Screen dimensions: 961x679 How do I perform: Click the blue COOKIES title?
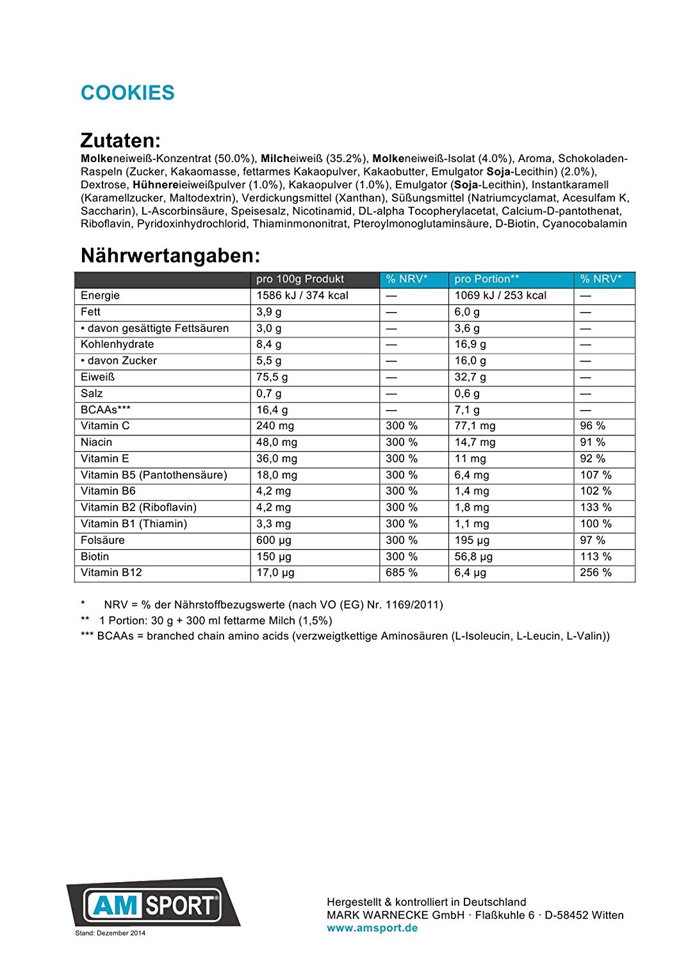point(127,93)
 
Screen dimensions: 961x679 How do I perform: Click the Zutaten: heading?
point(120,140)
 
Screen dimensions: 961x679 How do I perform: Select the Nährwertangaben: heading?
point(170,256)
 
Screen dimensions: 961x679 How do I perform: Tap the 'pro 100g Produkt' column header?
point(300,279)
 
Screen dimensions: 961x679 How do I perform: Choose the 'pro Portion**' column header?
point(486,279)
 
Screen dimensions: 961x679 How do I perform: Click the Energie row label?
point(100,295)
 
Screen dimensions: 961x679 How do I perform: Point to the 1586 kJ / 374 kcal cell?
point(302,295)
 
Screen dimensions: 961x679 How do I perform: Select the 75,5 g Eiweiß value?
point(272,377)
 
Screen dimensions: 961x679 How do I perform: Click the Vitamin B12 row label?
point(111,573)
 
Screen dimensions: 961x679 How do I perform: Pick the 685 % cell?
point(402,573)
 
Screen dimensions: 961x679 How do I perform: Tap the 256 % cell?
point(596,573)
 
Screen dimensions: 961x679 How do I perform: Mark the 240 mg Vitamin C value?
point(275,426)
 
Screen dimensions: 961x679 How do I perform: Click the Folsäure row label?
point(102,540)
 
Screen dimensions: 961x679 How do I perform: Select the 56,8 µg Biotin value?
point(473,557)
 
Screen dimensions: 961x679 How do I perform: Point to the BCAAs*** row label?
point(106,410)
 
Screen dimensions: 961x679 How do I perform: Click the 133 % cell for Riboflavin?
point(596,507)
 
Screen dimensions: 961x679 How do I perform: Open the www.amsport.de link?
point(372,928)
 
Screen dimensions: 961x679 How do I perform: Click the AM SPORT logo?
point(153,904)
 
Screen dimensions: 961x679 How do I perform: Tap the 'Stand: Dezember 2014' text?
point(110,933)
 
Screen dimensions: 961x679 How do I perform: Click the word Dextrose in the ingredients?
point(104,185)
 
